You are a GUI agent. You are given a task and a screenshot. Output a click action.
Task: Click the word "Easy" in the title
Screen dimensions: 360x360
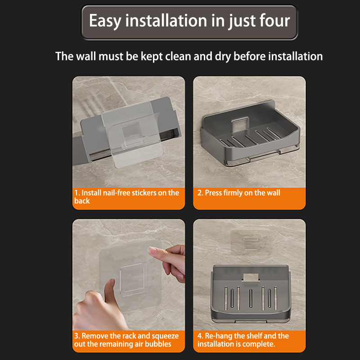[105, 21]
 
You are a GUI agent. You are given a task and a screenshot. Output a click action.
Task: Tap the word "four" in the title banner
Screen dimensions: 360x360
[274, 21]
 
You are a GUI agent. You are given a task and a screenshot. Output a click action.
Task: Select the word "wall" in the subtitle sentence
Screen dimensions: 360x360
[85, 56]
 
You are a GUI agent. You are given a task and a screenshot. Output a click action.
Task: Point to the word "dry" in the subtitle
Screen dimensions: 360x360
[222, 57]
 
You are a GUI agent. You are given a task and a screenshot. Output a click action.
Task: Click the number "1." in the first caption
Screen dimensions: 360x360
[77, 193]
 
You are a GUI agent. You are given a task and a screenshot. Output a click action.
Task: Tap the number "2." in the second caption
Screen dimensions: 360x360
[200, 193]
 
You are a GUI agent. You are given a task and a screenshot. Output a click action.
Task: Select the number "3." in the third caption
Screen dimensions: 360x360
[77, 336]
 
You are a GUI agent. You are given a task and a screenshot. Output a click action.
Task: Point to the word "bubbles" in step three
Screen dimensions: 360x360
[158, 344]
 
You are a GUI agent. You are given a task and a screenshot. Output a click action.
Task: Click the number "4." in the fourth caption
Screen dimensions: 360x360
[200, 336]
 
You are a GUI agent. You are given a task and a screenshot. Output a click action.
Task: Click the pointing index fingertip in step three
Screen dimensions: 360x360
[151, 250]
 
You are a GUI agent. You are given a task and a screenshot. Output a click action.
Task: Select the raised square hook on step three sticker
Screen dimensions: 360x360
[132, 279]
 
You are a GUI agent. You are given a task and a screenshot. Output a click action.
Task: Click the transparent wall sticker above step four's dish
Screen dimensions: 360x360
[250, 243]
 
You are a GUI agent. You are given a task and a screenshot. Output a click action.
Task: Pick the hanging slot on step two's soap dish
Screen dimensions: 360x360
[240, 125]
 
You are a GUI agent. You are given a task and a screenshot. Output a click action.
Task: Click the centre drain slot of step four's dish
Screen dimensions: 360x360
[251, 298]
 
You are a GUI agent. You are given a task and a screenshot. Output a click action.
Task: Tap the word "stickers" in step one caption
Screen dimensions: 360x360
[144, 193]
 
